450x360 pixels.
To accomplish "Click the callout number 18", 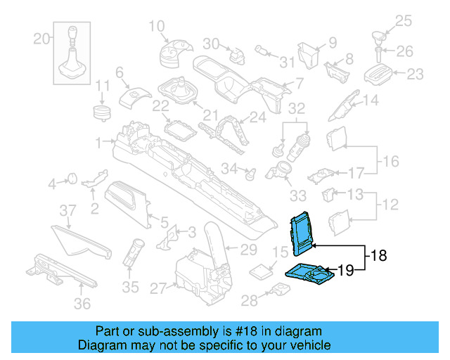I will click(x=378, y=257).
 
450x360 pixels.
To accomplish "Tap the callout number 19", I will click(x=346, y=269).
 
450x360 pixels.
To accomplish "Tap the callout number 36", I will click(x=83, y=304).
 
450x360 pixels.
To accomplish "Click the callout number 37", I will click(x=67, y=210).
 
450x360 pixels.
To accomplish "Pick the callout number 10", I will click(x=156, y=27).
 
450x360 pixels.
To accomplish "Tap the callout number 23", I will click(x=416, y=73).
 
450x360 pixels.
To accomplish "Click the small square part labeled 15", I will click(x=263, y=271).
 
